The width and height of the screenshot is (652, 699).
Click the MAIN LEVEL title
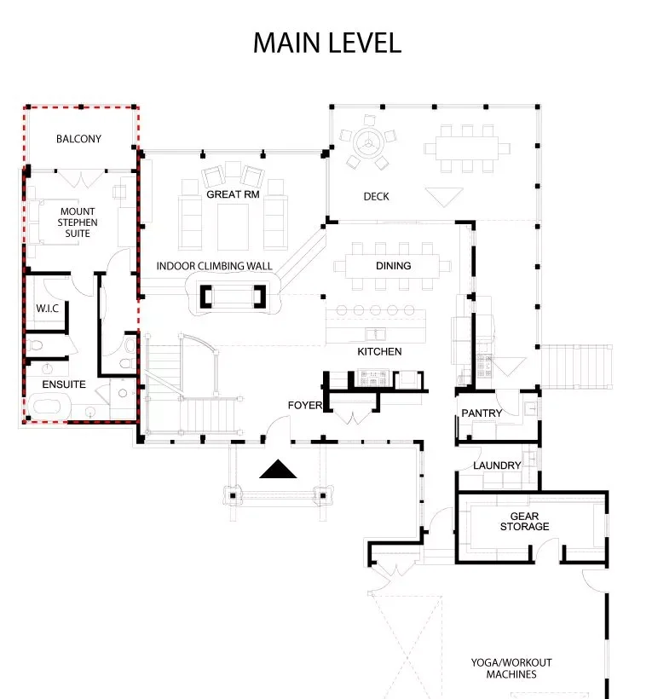(327, 43)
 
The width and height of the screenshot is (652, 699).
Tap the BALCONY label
(78, 139)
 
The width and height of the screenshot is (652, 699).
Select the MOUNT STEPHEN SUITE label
(78, 222)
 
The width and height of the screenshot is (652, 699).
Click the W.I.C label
(47, 309)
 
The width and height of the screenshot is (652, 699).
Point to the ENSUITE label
(64, 384)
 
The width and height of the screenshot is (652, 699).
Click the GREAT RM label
(233, 194)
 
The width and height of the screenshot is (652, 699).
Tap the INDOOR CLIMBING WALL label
(214, 266)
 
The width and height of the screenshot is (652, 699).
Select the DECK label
(376, 197)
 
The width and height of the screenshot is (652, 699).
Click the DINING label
(393, 266)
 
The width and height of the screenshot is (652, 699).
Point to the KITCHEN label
(379, 351)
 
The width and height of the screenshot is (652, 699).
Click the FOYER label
(305, 405)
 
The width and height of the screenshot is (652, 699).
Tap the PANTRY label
(482, 413)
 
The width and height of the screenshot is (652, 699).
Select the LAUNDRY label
(497, 465)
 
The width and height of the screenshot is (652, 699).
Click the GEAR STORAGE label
(524, 521)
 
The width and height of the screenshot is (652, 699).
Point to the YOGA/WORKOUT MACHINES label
(511, 668)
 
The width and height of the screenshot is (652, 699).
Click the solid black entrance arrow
(278, 469)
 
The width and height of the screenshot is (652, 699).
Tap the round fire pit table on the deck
(368, 143)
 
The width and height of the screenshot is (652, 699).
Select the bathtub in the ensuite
(49, 407)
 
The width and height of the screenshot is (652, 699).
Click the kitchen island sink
(375, 334)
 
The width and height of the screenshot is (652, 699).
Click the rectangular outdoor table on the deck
(466, 148)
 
